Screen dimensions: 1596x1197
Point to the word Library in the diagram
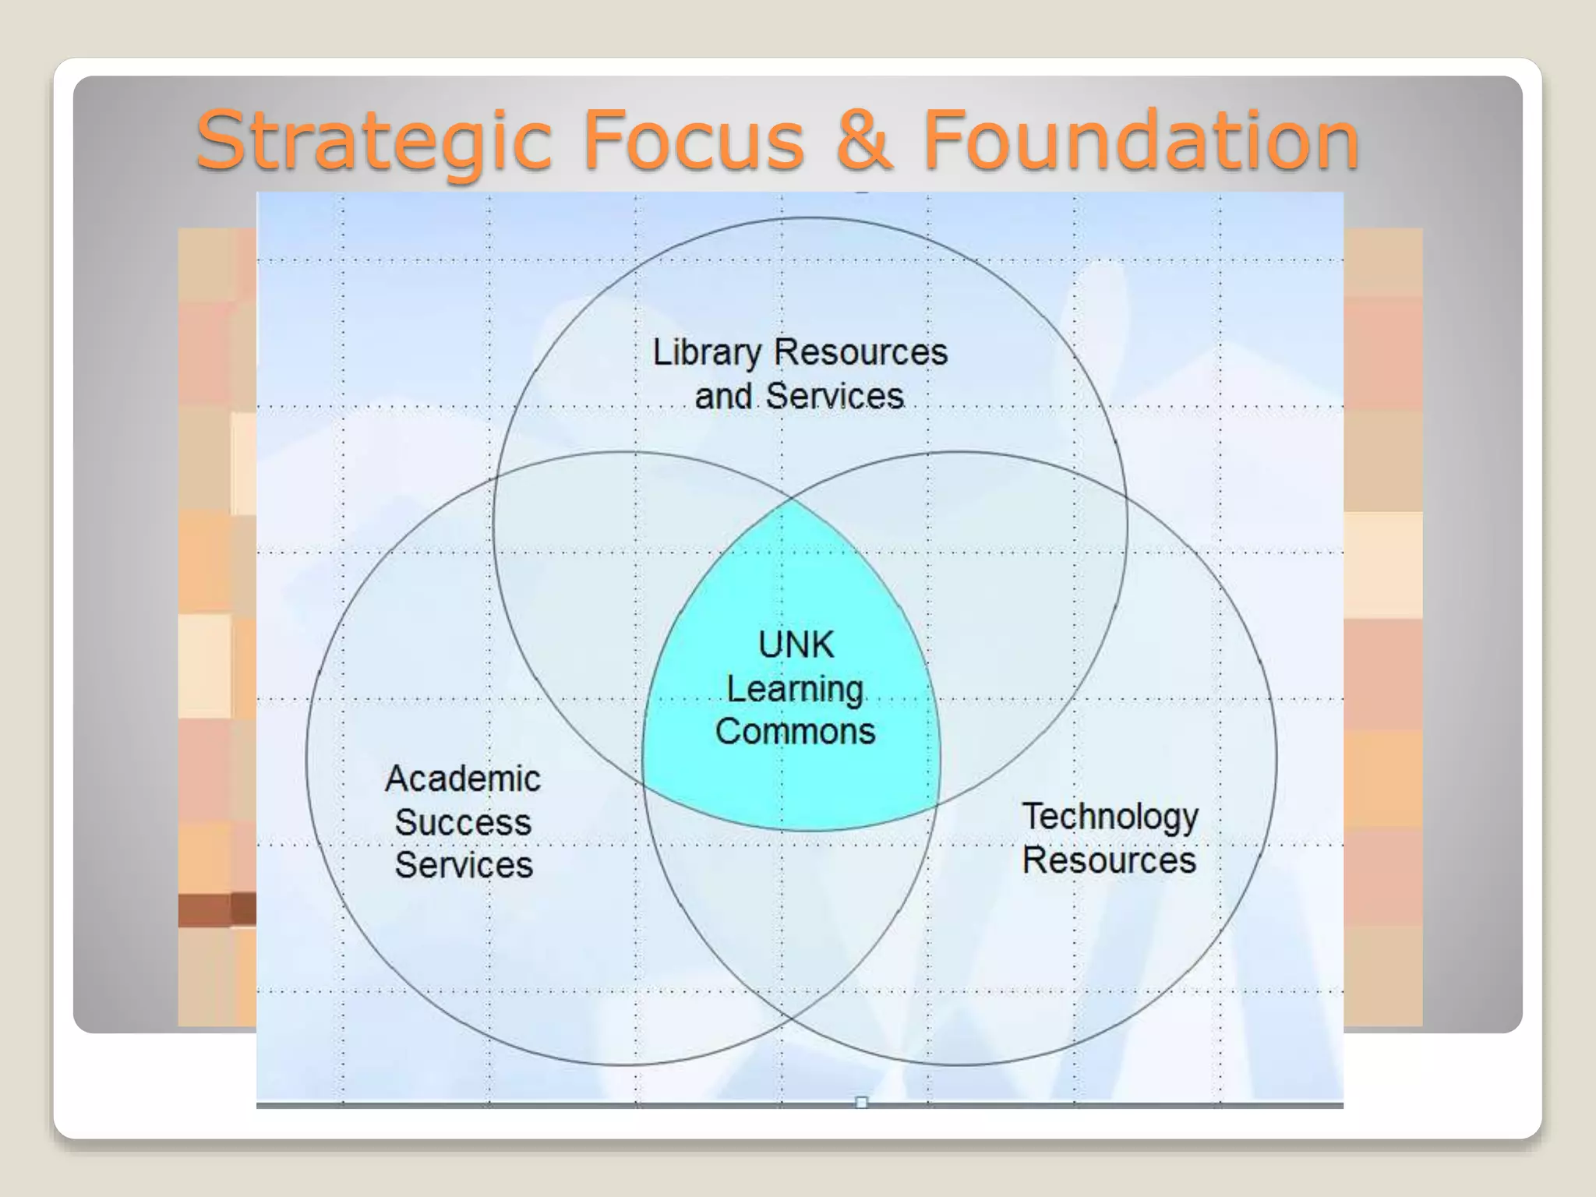click(706, 353)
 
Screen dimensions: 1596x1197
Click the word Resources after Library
click(860, 352)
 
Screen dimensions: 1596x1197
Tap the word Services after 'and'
click(835, 396)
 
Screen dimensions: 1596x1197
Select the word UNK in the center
click(796, 645)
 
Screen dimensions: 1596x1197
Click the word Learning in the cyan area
click(795, 690)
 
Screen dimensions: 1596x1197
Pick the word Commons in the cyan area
click(795, 732)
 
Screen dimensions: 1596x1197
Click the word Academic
click(463, 779)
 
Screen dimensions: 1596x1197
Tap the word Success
click(463, 822)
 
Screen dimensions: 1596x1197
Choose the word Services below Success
click(464, 865)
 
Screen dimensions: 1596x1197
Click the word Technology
click(1110, 817)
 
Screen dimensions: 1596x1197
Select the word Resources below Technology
click(1109, 860)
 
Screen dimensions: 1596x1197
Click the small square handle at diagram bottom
click(861, 1102)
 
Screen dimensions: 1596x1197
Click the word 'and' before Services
click(723, 396)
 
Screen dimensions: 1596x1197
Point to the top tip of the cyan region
click(793, 498)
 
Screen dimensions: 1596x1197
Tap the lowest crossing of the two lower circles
click(792, 1017)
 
